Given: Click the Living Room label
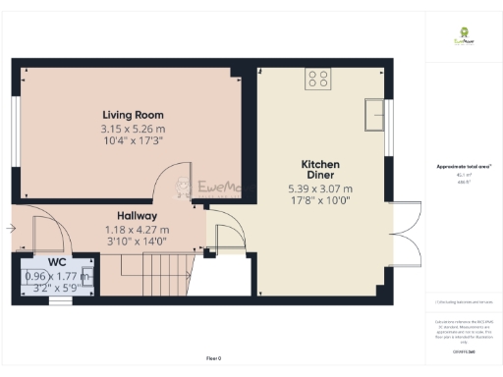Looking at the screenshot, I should tap(132, 115).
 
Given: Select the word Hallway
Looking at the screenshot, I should tap(137, 216).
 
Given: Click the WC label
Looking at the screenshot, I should tap(56, 263).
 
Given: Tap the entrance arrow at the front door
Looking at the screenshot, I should tap(10, 229).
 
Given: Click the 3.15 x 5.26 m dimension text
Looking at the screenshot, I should tap(132, 130).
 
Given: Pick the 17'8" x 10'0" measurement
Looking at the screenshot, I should tap(319, 200).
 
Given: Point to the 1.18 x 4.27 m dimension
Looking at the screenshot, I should tap(136, 230).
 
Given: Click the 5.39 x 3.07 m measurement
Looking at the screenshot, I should tap(319, 188).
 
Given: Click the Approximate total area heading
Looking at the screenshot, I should tap(463, 167).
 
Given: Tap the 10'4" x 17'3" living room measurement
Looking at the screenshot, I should tap(132, 142).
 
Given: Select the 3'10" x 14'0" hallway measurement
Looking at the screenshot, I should tap(136, 241).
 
